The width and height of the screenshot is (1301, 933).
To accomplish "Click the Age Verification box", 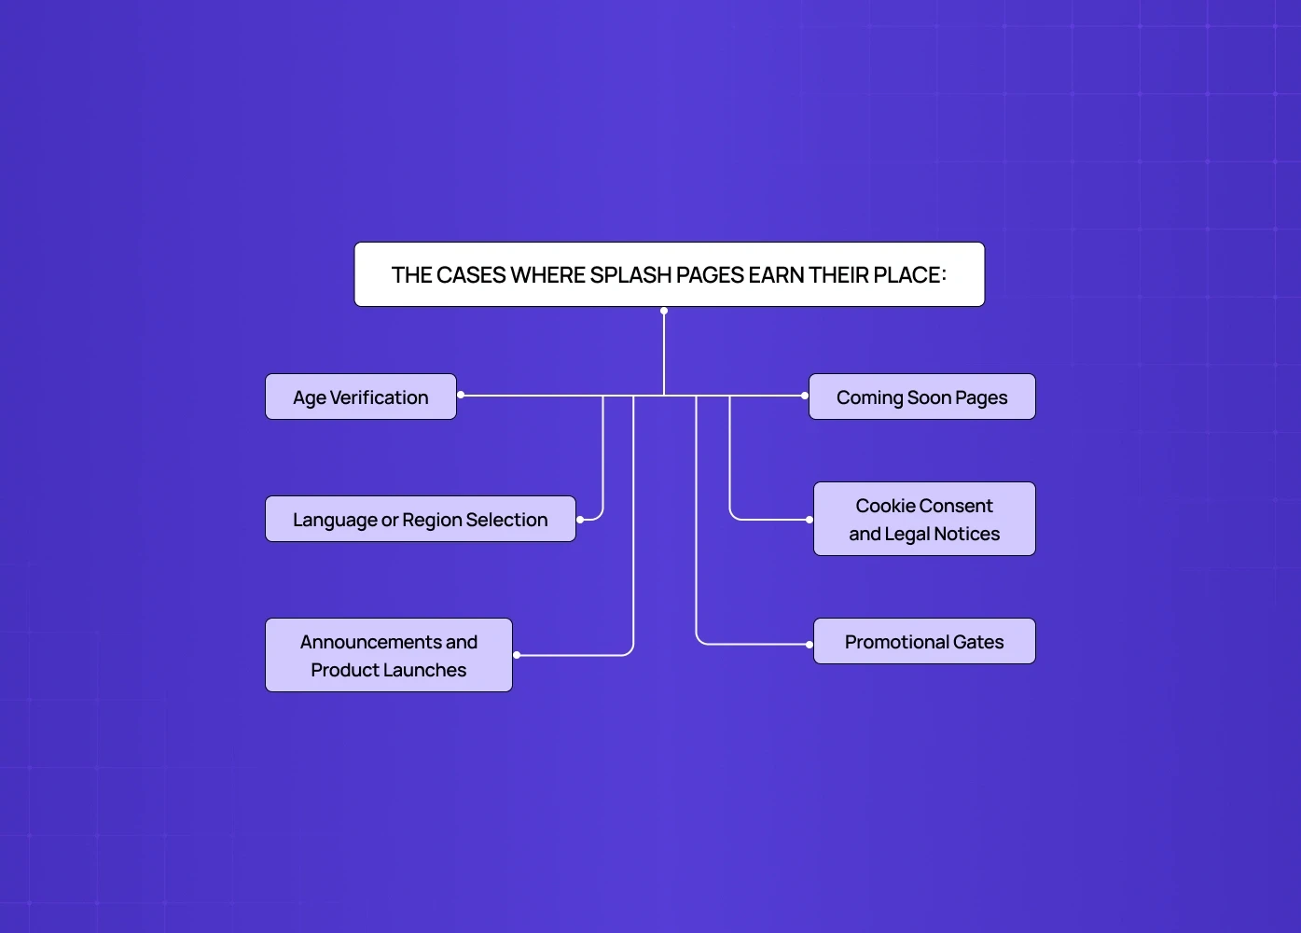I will [x=361, y=397].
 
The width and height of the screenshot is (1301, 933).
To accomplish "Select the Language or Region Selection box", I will [x=420, y=520].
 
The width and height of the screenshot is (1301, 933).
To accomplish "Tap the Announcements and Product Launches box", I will [x=388, y=655].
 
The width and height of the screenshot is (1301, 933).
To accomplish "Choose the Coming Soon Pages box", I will [x=921, y=397].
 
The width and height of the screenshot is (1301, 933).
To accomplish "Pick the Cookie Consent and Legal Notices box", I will [x=924, y=520].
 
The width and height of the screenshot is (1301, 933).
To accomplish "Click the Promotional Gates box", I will [x=924, y=642].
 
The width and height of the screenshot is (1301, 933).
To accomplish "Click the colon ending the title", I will [x=944, y=275].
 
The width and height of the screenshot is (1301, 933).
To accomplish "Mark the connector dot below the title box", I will [x=664, y=311].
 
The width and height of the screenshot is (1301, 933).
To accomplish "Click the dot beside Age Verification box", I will [x=461, y=396].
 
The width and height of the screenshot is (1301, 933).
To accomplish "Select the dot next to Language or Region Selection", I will [x=580, y=520].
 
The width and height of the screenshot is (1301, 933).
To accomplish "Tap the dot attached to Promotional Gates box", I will [x=810, y=645].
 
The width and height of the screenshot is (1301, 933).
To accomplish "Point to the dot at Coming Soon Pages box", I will [x=805, y=396].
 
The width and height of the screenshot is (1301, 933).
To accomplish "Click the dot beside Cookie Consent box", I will [x=810, y=520].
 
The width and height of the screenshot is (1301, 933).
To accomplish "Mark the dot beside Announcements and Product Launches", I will [x=517, y=655].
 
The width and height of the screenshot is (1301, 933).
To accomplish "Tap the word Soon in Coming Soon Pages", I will [x=929, y=397].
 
